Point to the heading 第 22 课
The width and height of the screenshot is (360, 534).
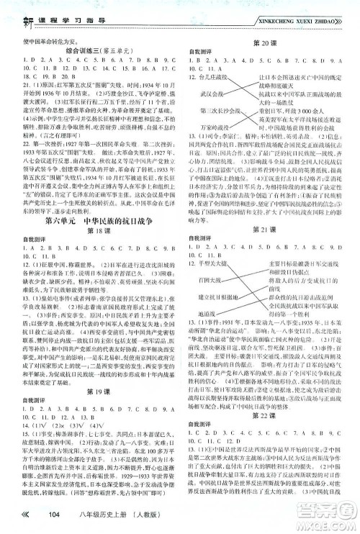click(269, 437)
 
